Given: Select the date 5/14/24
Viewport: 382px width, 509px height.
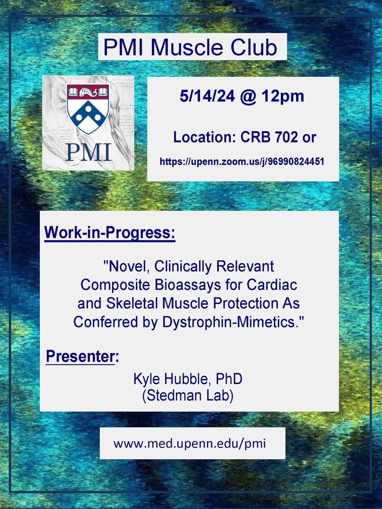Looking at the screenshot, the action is click(207, 96).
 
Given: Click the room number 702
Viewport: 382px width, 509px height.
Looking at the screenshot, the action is click(286, 137).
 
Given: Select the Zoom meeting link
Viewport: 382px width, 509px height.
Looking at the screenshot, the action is click(242, 161).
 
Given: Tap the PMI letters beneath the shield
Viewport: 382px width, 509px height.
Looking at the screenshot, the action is click(88, 152).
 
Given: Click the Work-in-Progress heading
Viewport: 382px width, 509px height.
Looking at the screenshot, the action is click(110, 233).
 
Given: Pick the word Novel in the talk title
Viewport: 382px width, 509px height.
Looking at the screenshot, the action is click(129, 267).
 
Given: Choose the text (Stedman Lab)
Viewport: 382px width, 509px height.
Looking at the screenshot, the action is click(188, 396).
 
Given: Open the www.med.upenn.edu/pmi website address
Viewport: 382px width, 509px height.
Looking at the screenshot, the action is click(190, 443).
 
